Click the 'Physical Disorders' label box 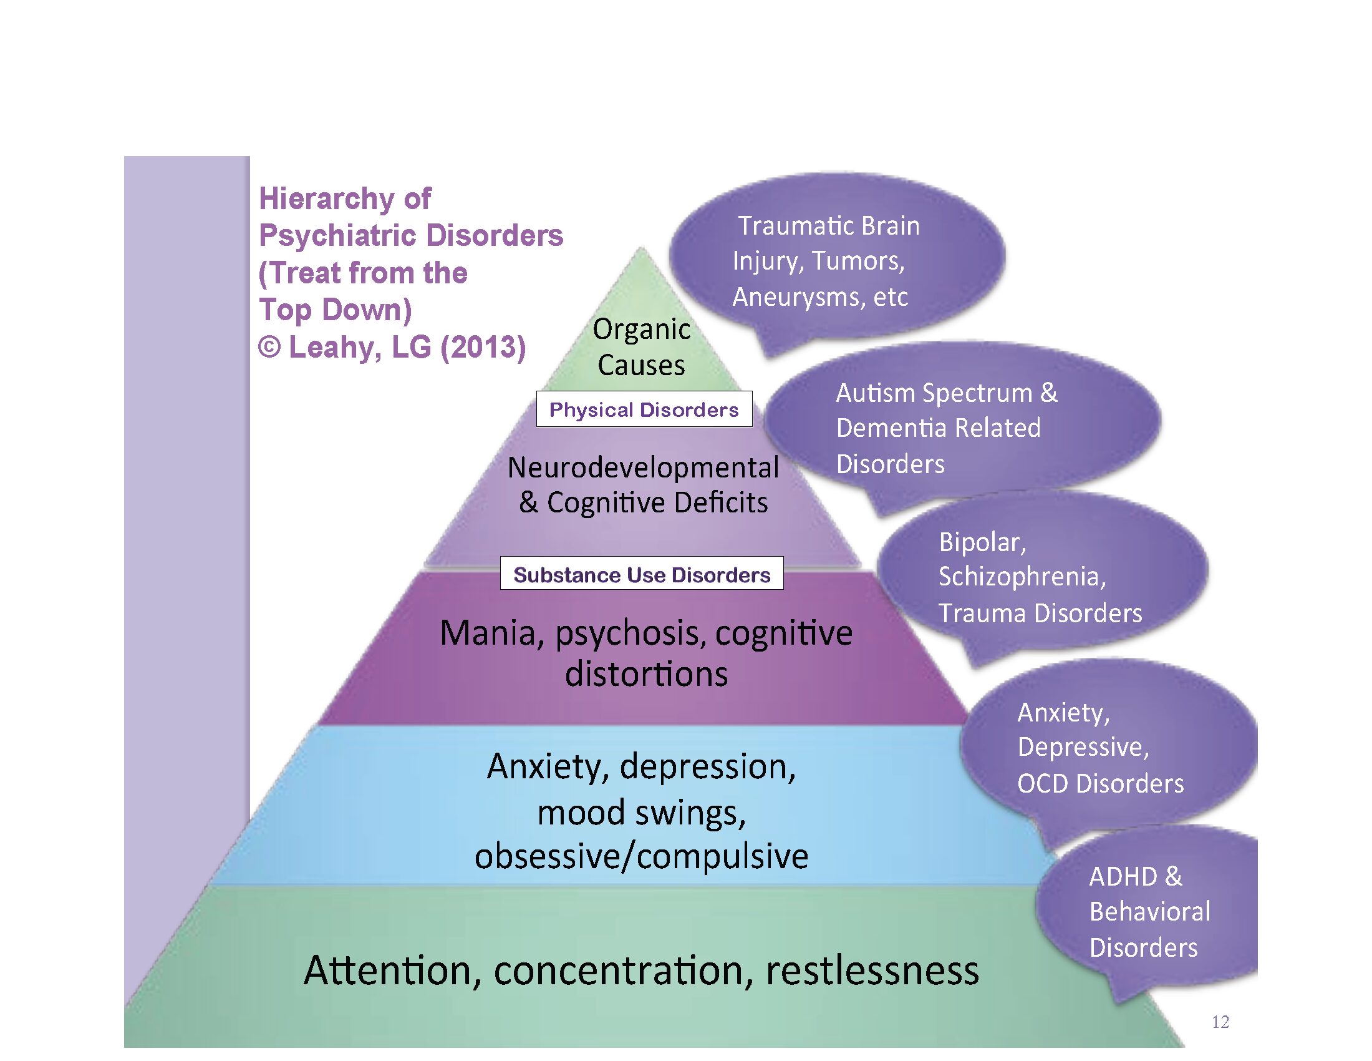coord(644,409)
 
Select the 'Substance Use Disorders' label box coord(641,574)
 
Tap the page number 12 coord(1220,1022)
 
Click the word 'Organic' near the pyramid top coord(641,330)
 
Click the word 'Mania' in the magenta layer coord(488,633)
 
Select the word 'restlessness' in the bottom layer coord(872,970)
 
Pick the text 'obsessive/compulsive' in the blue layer coord(641,856)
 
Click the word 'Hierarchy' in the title coord(327,198)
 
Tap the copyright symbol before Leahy coord(269,347)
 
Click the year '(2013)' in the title coord(483,347)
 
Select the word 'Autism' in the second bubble coord(875,393)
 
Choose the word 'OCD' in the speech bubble coord(1042,783)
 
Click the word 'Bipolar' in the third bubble coord(979,542)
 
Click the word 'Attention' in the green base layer coord(388,970)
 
